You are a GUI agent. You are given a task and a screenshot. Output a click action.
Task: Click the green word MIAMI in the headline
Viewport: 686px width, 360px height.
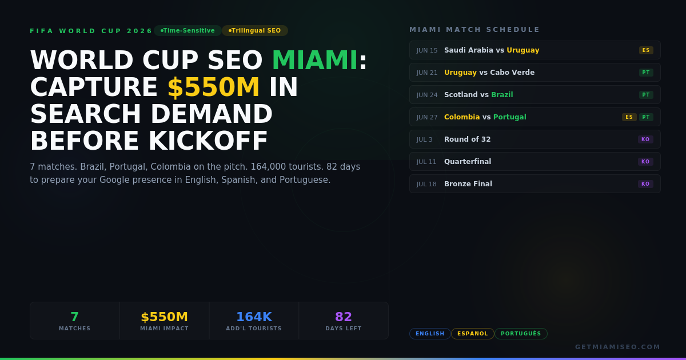(x=314, y=61)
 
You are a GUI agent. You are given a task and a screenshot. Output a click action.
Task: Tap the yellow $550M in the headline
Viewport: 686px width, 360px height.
(x=213, y=88)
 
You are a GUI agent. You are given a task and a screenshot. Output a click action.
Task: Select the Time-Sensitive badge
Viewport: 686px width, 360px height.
(x=188, y=31)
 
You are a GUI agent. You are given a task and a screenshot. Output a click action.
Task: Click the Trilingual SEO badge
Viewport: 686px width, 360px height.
(x=255, y=31)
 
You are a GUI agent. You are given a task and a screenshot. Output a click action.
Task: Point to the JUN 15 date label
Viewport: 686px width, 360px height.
(x=427, y=50)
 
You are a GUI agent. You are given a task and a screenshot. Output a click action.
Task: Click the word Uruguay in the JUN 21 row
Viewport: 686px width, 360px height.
(x=460, y=73)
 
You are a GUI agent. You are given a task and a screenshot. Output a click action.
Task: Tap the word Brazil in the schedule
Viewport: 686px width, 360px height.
(x=502, y=95)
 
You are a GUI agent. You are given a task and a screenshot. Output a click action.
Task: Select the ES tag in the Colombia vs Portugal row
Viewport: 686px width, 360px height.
(x=629, y=117)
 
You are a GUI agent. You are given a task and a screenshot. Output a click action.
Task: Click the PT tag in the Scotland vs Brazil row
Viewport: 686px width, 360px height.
(x=646, y=95)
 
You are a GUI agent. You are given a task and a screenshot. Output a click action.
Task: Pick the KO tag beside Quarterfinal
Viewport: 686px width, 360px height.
(x=645, y=162)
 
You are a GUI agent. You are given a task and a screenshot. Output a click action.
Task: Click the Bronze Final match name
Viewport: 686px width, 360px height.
(x=468, y=184)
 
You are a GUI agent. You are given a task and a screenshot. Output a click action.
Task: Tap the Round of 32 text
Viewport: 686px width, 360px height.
(x=467, y=139)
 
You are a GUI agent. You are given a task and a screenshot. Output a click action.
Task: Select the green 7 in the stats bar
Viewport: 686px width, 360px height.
(x=74, y=317)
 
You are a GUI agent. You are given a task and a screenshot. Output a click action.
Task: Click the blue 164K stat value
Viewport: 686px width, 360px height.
(x=254, y=317)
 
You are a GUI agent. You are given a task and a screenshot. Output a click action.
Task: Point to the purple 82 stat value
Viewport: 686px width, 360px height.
(x=344, y=317)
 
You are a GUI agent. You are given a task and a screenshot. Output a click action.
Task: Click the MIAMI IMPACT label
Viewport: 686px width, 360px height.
(x=164, y=329)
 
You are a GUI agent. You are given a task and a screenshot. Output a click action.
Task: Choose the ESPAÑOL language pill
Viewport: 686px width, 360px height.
(x=472, y=334)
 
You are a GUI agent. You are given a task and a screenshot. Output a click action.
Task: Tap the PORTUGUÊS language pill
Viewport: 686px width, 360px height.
(x=521, y=334)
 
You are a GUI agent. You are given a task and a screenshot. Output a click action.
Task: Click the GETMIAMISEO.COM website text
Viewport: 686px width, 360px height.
(x=617, y=347)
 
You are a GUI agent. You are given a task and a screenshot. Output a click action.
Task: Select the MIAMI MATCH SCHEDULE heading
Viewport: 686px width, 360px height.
(x=474, y=30)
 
